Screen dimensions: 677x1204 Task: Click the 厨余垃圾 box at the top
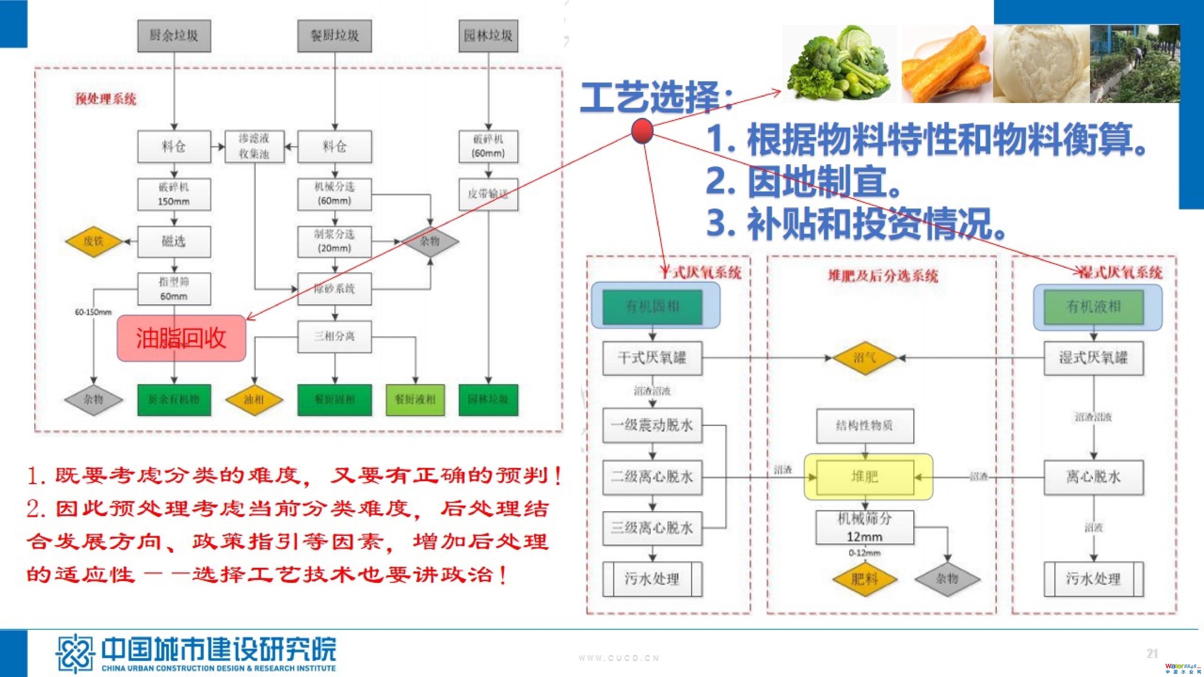click(x=174, y=36)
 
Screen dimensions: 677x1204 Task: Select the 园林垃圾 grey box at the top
click(x=488, y=36)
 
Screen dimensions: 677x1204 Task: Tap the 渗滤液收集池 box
click(x=254, y=146)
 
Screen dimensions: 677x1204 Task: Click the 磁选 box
click(x=174, y=242)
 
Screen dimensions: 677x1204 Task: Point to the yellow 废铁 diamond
click(x=94, y=242)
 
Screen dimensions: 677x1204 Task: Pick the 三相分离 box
click(x=335, y=336)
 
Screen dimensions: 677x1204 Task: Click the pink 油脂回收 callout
click(x=181, y=338)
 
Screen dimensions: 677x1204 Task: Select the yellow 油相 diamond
click(x=254, y=400)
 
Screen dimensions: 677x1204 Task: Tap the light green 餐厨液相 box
click(x=415, y=400)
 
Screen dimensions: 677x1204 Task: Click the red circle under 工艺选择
click(x=642, y=130)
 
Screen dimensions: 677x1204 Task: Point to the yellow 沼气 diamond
click(x=865, y=358)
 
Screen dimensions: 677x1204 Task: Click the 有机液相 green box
click(x=1094, y=307)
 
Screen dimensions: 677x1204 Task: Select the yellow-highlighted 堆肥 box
click(x=865, y=477)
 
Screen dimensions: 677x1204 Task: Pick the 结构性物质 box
click(x=865, y=426)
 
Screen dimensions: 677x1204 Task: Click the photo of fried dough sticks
click(x=946, y=64)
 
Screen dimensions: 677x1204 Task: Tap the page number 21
click(x=1152, y=654)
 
